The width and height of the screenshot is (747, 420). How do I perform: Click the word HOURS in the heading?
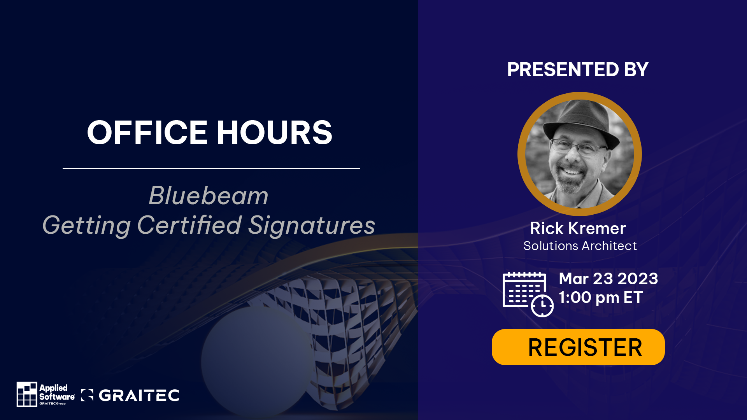pos(274,132)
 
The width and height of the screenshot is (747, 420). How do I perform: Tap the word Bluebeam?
pos(209,196)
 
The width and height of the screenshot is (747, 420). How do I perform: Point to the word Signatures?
pos(312,226)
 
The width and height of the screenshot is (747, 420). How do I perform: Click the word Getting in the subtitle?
pos(86,226)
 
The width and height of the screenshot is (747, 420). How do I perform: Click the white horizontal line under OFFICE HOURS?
pos(211,168)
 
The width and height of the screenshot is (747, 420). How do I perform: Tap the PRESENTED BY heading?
pos(578,70)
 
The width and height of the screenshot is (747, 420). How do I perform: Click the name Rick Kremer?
pos(578,228)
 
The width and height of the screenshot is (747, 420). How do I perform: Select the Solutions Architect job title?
pos(580,246)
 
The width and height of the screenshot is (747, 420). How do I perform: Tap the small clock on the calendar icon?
pos(542,306)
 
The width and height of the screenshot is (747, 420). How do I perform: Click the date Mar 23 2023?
pos(608,278)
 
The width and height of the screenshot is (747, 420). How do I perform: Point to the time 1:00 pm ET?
pos(601,297)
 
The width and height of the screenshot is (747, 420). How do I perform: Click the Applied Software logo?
pos(46,394)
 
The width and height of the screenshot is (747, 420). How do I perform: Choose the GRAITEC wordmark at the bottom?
pos(130,395)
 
